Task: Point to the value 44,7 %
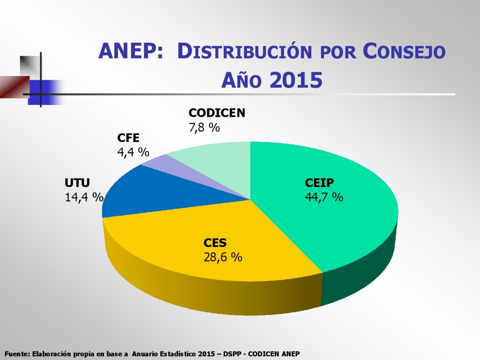click(x=324, y=197)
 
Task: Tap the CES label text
click(x=215, y=243)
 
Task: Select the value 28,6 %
click(x=223, y=257)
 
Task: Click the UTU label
click(x=77, y=183)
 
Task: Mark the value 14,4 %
click(x=84, y=197)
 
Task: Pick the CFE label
click(x=128, y=138)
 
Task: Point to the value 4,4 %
click(x=133, y=152)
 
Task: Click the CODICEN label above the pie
click(x=217, y=113)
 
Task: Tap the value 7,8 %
click(x=204, y=127)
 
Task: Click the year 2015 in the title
click(x=296, y=81)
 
